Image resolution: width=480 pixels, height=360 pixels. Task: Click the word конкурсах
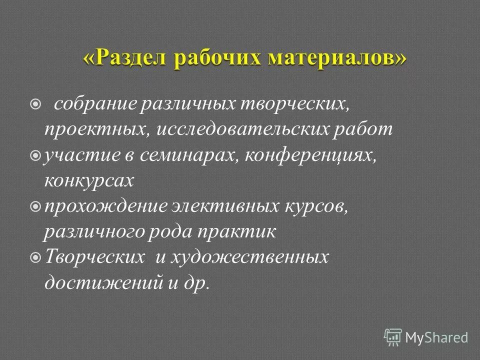point(89,180)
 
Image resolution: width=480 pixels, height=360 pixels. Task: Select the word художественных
point(249,258)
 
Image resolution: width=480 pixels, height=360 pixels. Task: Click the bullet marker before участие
point(35,156)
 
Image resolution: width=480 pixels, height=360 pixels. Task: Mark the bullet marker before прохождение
point(35,206)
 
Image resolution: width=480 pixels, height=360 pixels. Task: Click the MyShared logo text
point(436,337)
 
